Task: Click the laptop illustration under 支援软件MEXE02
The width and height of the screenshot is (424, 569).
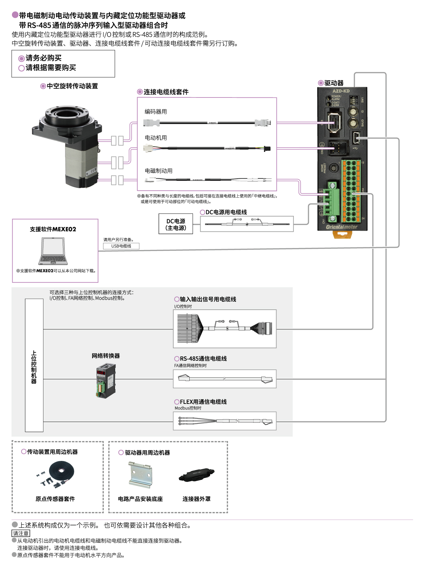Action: point(53,251)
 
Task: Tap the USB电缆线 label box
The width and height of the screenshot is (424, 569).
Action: point(121,246)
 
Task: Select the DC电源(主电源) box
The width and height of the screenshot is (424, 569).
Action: point(176,224)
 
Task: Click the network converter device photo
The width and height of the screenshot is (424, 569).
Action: point(106,381)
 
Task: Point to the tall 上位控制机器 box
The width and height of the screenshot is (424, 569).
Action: point(34,365)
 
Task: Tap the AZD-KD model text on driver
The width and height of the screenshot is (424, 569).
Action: point(341,91)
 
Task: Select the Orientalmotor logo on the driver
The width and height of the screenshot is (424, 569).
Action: point(341,227)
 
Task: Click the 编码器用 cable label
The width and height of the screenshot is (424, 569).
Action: point(155,112)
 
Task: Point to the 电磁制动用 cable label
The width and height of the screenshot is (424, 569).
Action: point(158,171)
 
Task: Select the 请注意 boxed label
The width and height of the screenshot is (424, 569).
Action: point(21,534)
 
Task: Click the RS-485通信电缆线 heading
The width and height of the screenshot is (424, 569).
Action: point(203,359)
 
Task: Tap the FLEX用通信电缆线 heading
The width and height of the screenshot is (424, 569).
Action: point(203,402)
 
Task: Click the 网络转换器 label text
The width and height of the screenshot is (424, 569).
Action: point(106,356)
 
